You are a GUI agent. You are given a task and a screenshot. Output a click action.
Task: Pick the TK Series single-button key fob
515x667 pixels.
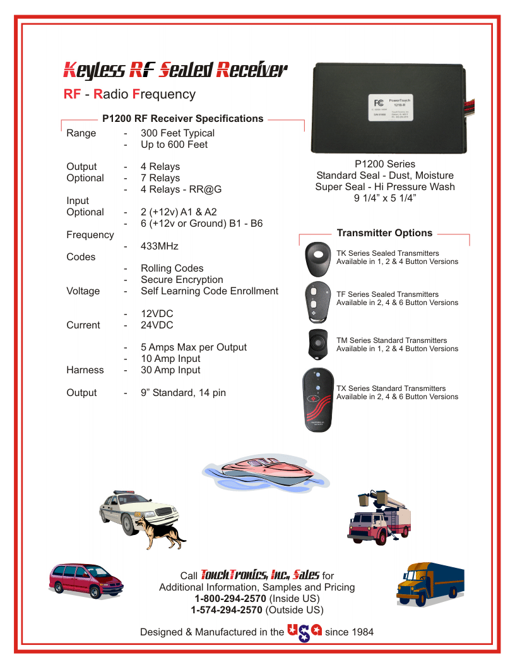(x=319, y=257)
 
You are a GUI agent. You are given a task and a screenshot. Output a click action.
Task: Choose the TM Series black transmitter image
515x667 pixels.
(x=318, y=344)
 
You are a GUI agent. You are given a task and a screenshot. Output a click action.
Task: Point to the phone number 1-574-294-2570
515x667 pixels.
(x=227, y=610)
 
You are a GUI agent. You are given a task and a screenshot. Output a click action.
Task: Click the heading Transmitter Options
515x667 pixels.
(x=384, y=233)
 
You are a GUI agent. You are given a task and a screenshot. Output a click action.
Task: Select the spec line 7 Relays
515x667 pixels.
(x=160, y=178)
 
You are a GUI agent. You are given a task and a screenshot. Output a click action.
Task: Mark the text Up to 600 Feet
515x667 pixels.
(x=174, y=145)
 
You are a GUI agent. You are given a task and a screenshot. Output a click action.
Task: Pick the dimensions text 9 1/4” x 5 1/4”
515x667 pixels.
(x=385, y=198)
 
